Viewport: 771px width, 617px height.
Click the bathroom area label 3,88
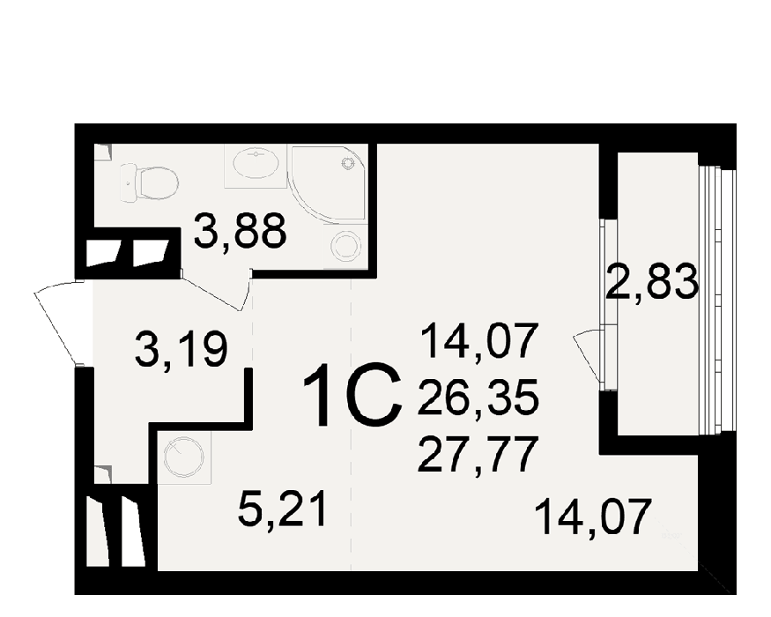tap(240, 231)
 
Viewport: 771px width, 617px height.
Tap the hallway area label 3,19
tap(181, 349)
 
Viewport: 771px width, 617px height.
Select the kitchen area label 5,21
tap(282, 510)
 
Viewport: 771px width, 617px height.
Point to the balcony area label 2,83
tap(652, 281)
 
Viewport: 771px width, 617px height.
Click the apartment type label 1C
tap(352, 395)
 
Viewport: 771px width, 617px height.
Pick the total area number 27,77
tap(476, 455)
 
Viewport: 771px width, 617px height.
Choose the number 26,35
tap(478, 398)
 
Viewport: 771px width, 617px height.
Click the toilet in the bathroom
tap(149, 183)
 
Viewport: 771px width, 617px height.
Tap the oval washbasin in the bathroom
tap(256, 163)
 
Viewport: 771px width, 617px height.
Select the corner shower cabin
tap(328, 183)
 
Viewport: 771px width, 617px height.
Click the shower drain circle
tap(348, 163)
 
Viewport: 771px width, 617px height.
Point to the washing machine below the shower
tap(345, 245)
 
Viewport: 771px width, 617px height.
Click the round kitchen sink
tap(184, 457)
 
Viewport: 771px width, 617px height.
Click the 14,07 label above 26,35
tap(478, 340)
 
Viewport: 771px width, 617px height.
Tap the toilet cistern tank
tap(128, 183)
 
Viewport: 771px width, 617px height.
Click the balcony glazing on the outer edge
tap(717, 301)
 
